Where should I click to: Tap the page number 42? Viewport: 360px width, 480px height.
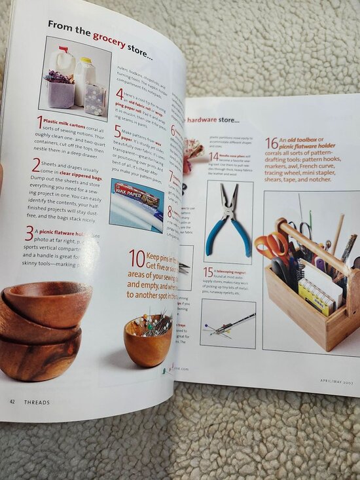click(x=12, y=401)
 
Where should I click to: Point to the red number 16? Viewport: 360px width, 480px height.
click(x=271, y=142)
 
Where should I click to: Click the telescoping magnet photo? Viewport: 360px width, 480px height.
click(x=228, y=323)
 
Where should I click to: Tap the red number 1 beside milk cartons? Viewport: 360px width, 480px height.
click(x=40, y=121)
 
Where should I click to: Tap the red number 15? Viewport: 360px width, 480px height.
click(x=208, y=271)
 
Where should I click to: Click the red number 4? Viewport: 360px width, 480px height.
click(x=119, y=94)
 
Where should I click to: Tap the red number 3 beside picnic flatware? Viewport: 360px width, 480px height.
click(x=29, y=232)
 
